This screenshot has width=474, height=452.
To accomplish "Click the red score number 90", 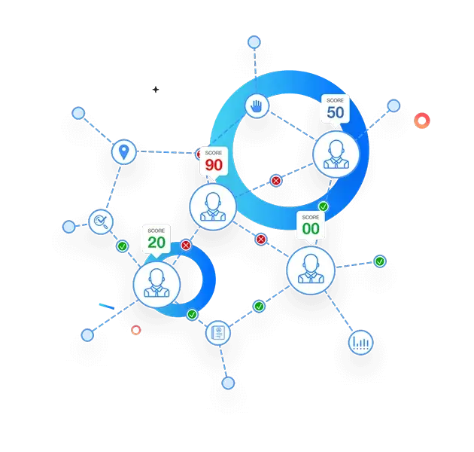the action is click(214, 165).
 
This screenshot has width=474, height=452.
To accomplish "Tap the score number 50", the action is click(336, 112).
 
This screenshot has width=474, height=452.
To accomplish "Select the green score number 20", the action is click(156, 243).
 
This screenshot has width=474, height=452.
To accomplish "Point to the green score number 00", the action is click(311, 229).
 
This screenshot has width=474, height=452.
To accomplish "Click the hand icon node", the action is click(257, 106).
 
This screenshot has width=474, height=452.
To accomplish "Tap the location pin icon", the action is click(123, 151).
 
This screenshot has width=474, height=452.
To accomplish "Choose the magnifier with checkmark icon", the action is click(101, 221).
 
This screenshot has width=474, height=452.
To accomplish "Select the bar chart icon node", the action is click(360, 343).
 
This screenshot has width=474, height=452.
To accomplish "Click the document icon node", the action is click(218, 333).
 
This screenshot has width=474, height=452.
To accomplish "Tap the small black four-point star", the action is click(156, 90).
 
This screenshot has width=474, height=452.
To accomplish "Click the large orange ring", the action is click(422, 121).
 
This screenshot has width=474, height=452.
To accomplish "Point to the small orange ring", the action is click(136, 330).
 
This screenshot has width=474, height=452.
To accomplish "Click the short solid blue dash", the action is click(107, 307).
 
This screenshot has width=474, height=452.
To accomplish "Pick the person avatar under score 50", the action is click(336, 154).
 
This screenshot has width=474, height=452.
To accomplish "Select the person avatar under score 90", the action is click(213, 206).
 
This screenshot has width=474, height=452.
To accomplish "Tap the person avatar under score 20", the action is click(156, 285).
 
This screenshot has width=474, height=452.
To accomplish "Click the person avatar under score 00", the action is click(311, 270).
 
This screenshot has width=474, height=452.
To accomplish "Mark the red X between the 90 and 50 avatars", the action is click(275, 181).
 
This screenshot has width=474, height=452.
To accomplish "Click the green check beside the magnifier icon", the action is click(123, 246).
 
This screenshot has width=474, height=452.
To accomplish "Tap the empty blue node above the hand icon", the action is click(254, 42).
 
